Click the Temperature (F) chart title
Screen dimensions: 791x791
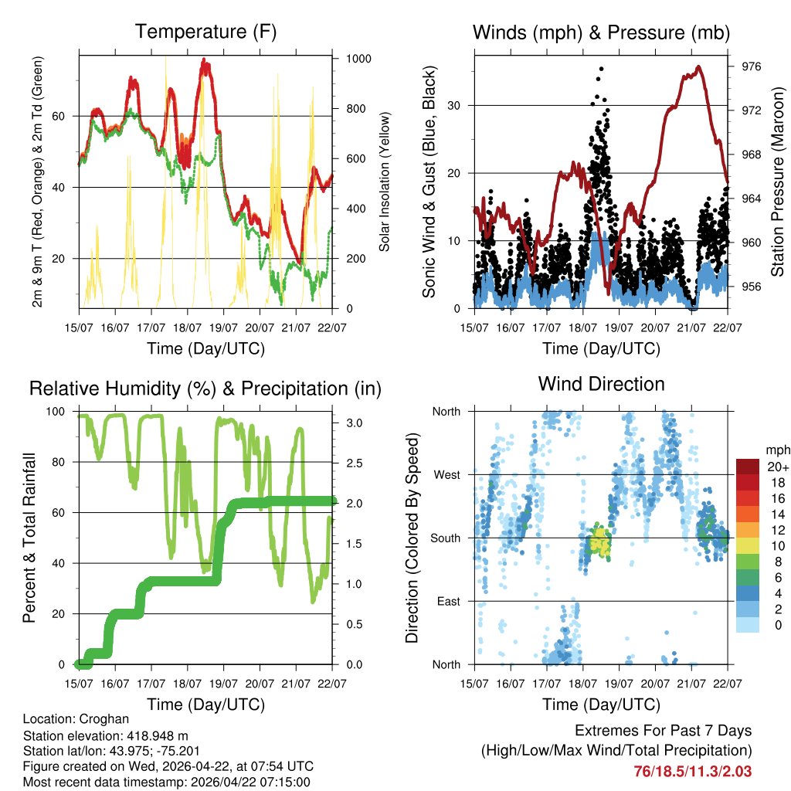205,32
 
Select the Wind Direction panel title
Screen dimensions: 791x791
601,384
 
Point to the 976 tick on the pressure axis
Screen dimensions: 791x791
751,67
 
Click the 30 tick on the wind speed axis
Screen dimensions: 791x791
462,105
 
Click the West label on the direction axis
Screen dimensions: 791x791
446,474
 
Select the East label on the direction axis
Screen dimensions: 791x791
447,601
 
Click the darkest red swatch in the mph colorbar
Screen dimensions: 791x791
747,467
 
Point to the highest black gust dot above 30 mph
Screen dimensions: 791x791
601,69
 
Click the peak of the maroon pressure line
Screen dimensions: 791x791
698,66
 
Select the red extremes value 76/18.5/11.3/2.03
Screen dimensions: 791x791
692,771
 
